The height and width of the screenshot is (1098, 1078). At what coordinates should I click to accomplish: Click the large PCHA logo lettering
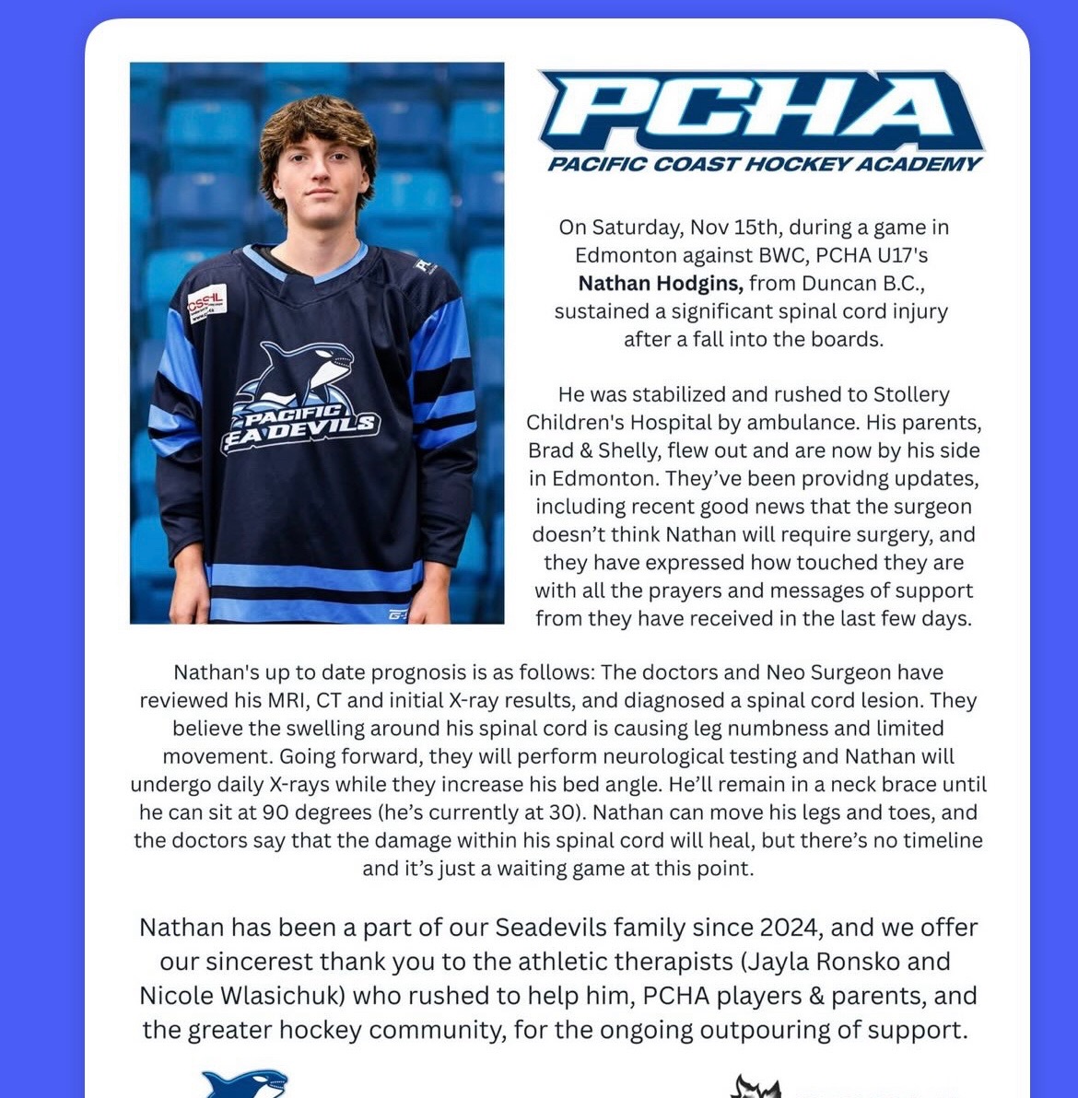coord(760,111)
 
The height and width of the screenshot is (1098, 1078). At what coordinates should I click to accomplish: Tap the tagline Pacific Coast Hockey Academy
coord(764,165)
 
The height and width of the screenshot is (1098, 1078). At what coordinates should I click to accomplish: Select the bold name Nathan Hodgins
coord(660,283)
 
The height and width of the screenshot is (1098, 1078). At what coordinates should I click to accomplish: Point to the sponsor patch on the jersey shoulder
coord(206,303)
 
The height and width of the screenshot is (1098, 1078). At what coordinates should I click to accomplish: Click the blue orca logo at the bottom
coord(244,1083)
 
